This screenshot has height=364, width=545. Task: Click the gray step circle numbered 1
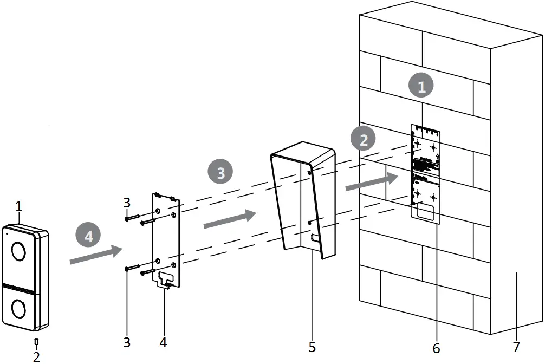point(421,86)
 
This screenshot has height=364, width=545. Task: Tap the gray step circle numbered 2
point(364,139)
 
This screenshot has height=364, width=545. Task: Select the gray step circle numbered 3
point(220,173)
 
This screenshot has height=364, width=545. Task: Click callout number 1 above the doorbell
point(18,206)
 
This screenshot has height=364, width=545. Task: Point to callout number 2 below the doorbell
point(36,356)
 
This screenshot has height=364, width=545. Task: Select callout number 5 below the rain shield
point(312,346)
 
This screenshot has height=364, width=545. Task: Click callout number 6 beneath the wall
point(436,347)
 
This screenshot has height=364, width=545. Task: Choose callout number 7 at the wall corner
point(516,346)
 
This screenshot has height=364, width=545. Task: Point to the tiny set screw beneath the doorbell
point(36,341)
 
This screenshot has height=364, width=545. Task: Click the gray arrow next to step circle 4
point(95,255)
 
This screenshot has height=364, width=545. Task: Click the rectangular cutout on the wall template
point(426,212)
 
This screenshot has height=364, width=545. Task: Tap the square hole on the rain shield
point(315,237)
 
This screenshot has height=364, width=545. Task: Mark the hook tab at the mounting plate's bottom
point(166,280)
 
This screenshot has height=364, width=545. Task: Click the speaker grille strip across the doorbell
point(21,288)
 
